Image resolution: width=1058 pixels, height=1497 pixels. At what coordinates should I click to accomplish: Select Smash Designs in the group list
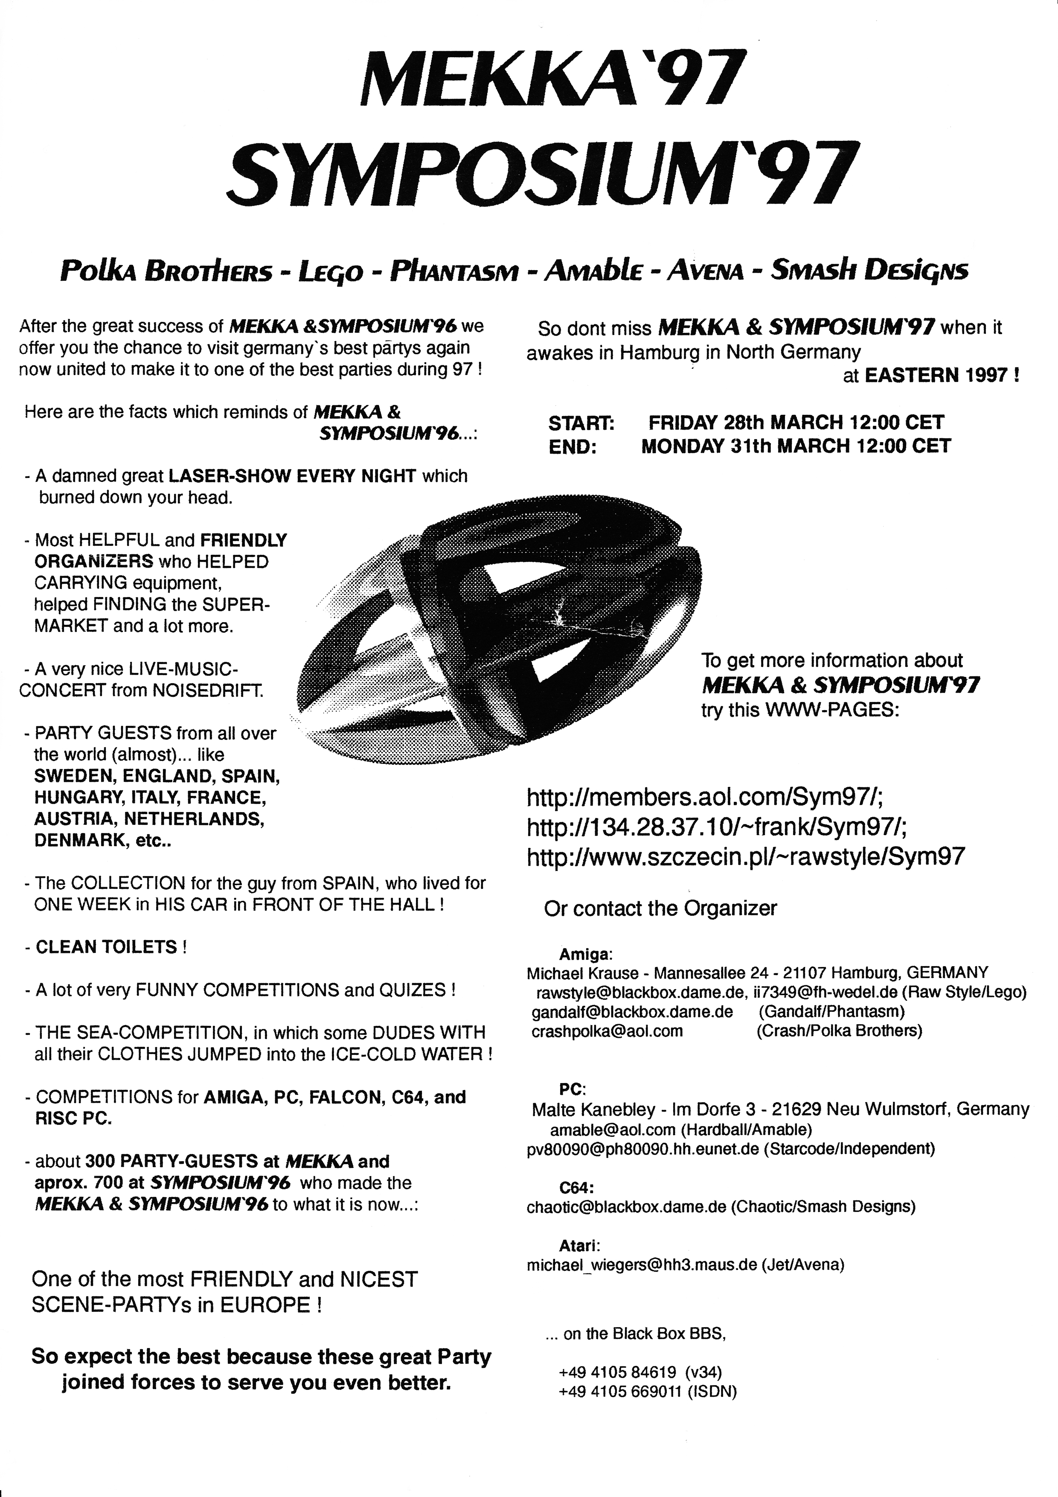coord(869,270)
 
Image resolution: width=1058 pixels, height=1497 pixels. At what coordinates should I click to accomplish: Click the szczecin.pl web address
coord(745,856)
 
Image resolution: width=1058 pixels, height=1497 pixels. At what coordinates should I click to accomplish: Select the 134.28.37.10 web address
coord(716,827)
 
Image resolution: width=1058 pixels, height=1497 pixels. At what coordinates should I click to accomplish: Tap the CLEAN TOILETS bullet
coord(106,947)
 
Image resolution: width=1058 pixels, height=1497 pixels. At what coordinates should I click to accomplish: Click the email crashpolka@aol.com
coord(607,1031)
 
